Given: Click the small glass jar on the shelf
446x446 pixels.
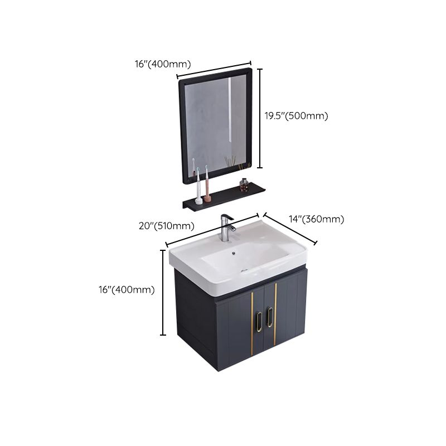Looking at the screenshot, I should (x=244, y=183).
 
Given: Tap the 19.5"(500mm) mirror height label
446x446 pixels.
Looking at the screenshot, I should (x=296, y=116).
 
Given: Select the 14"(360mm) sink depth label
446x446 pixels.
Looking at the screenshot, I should (x=316, y=219).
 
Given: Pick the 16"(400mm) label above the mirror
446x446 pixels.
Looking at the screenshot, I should (x=163, y=64).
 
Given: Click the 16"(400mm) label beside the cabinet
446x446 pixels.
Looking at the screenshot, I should (x=127, y=289).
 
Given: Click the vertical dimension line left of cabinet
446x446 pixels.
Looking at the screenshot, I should (x=163, y=292).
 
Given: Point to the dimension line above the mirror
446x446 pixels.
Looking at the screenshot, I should (x=214, y=70).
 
